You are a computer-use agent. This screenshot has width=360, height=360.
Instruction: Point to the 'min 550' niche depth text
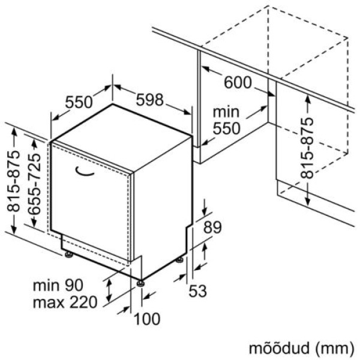click(x=226, y=119)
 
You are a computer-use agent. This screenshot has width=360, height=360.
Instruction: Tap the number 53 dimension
click(x=197, y=292)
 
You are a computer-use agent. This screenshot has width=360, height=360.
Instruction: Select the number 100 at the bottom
click(x=148, y=319)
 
